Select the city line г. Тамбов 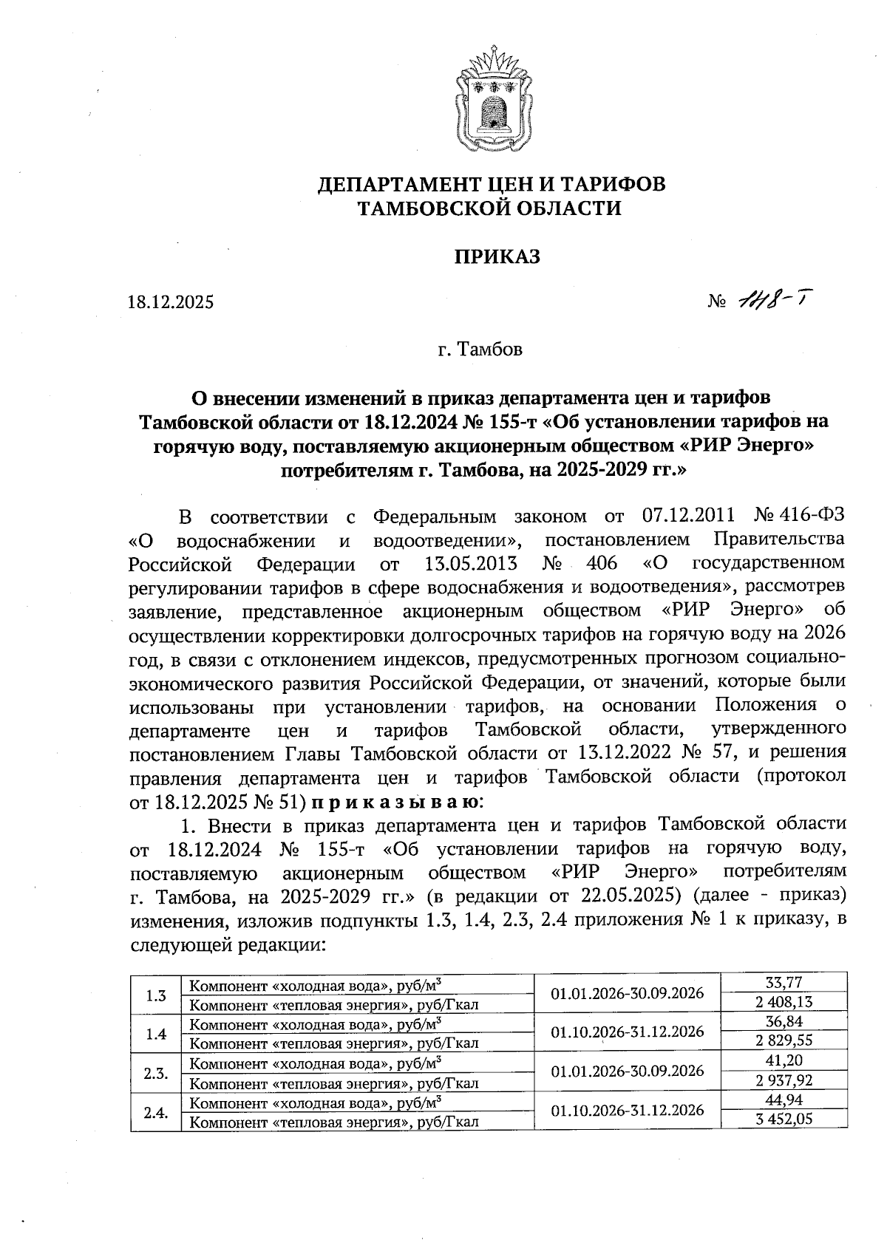[x=480, y=349]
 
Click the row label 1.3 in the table [x=156, y=995]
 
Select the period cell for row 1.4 [x=627, y=1032]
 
